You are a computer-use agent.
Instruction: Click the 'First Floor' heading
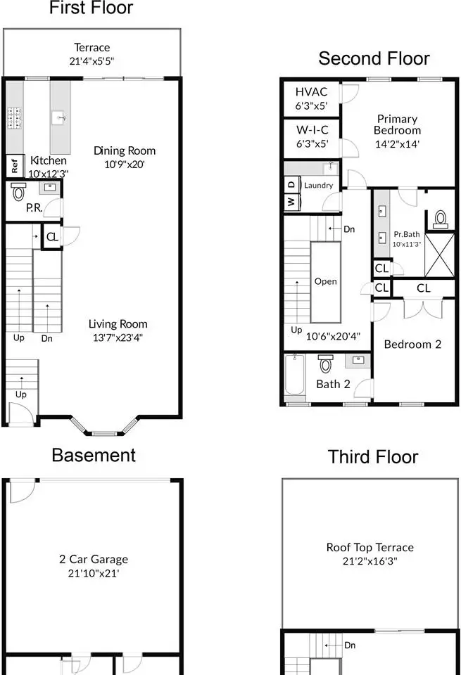click(91, 8)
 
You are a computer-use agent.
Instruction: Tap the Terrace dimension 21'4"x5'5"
click(91, 61)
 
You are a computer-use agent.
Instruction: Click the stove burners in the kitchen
click(15, 118)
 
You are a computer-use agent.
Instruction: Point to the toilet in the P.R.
click(18, 191)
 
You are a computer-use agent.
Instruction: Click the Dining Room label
click(125, 151)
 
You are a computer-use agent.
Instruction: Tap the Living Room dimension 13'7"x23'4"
click(118, 338)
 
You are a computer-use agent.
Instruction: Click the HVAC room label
click(311, 91)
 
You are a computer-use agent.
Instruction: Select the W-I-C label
click(312, 129)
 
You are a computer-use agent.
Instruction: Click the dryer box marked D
click(291, 184)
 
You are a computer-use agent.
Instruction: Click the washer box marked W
click(291, 201)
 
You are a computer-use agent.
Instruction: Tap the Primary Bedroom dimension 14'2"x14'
click(397, 144)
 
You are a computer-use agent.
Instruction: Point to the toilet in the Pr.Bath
click(440, 219)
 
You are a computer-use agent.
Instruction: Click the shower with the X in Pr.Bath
click(439, 255)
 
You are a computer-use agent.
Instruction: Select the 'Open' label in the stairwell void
click(326, 281)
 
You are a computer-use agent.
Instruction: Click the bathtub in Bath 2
click(295, 375)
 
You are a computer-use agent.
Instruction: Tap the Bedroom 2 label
click(412, 345)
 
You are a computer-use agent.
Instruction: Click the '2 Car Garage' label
click(94, 559)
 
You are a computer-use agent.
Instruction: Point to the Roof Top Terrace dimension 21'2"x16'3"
click(370, 561)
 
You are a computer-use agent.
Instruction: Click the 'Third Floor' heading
click(373, 457)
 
